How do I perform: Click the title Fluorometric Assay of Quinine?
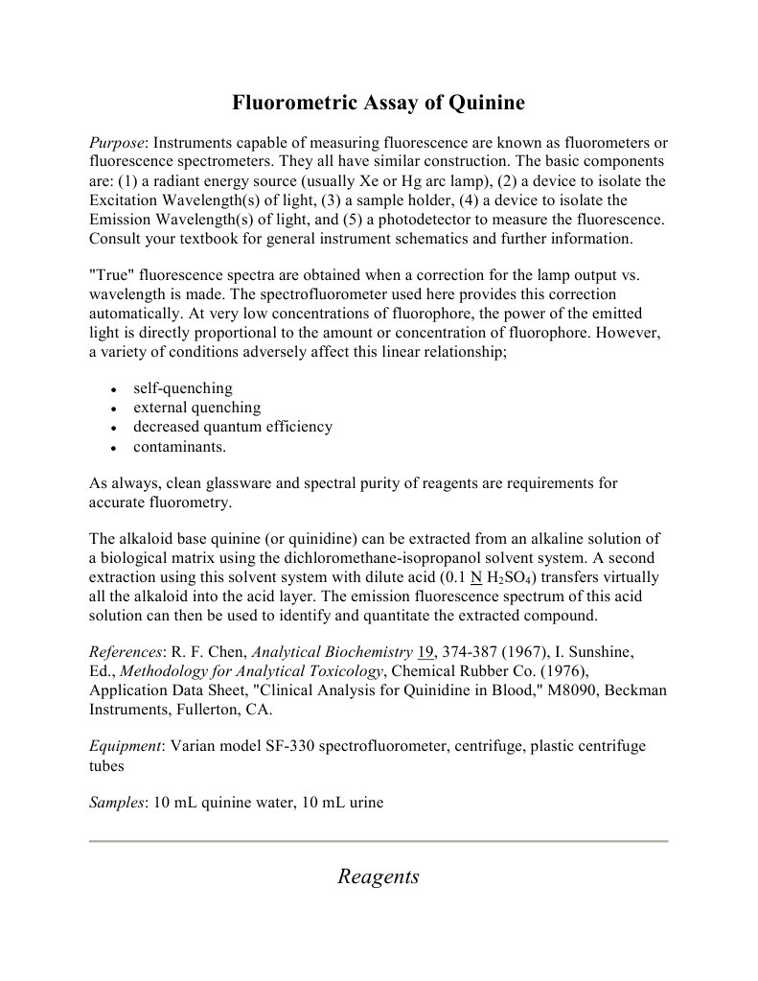point(379,103)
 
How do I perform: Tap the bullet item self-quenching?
point(182,388)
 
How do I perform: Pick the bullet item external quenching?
point(196,408)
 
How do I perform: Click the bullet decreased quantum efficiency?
point(233,427)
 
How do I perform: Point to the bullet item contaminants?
point(180,447)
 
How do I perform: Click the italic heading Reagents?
point(379,876)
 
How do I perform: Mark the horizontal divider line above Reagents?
point(379,841)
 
